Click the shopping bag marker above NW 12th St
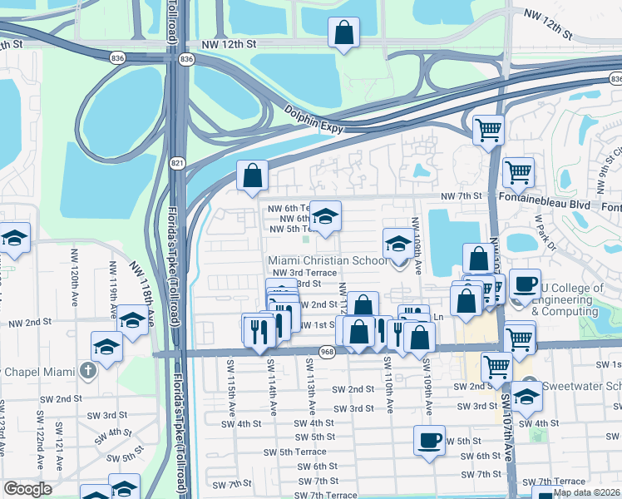click(343, 35)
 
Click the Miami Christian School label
click(328, 260)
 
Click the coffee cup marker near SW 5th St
click(430, 439)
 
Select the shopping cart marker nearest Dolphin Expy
click(488, 129)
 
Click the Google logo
click(27, 489)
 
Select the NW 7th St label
click(462, 195)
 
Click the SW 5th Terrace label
click(285, 452)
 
